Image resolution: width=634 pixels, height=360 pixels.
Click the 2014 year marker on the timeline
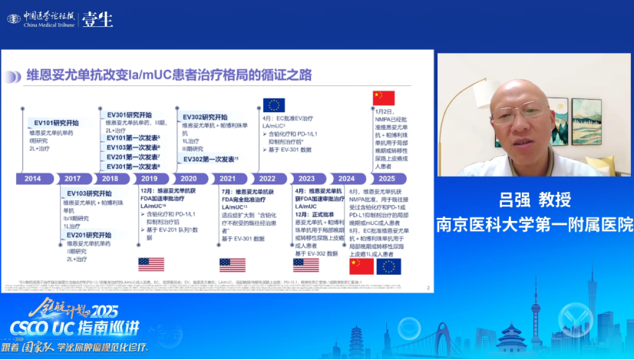point(32,178)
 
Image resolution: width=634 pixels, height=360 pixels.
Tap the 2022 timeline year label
point(266,178)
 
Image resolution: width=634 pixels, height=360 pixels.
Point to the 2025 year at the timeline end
point(385,178)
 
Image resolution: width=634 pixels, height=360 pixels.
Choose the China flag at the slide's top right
point(383,97)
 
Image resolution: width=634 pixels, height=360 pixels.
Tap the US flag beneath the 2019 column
point(150,265)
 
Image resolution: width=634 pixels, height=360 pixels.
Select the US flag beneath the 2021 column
point(232,265)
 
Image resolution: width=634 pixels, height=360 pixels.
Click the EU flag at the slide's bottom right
point(388,266)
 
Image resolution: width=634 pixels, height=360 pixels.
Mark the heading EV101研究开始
point(56,123)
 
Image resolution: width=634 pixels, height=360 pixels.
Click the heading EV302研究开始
point(205,117)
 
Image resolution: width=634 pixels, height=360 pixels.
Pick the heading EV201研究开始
point(88,235)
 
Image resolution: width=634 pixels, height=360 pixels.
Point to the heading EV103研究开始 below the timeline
point(88,193)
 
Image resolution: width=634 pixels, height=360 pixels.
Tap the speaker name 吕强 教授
point(536,200)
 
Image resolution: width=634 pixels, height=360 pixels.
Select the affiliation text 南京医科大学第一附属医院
point(536,224)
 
